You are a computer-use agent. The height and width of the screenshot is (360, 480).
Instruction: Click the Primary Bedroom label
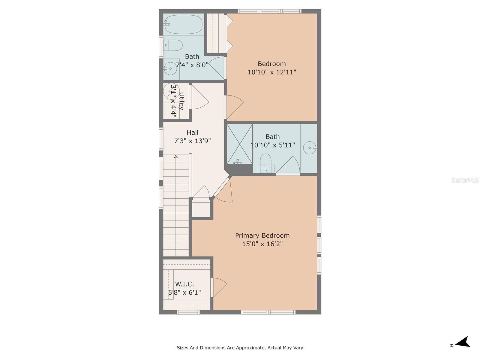coord(262,235)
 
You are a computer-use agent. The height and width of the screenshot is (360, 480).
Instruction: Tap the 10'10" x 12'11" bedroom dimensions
coord(271,72)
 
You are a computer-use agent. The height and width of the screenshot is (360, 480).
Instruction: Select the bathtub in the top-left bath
coord(183,24)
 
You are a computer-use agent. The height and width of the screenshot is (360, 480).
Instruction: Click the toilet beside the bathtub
coord(173,45)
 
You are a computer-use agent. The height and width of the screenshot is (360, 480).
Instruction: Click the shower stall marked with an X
coord(240,144)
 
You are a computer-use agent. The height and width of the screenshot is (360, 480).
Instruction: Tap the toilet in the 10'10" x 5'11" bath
coord(266,163)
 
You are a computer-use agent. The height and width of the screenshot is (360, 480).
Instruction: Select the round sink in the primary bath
coord(310,148)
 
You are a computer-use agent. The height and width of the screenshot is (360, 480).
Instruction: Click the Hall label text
coord(192,133)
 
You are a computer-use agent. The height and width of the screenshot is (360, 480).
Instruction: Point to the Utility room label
coord(181,101)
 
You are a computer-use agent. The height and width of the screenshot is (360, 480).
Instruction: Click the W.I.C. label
coord(184,284)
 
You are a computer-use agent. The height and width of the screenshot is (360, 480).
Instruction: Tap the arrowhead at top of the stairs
coord(176,157)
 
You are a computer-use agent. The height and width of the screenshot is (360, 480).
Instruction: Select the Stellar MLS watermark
coord(465,180)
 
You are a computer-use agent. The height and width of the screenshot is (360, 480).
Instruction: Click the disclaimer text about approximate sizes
coord(240,347)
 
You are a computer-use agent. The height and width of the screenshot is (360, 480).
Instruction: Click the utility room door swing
coord(199,97)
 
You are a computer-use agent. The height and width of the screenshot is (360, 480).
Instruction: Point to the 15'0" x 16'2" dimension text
coord(262,244)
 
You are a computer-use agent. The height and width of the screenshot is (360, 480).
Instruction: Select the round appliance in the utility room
coord(171,91)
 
